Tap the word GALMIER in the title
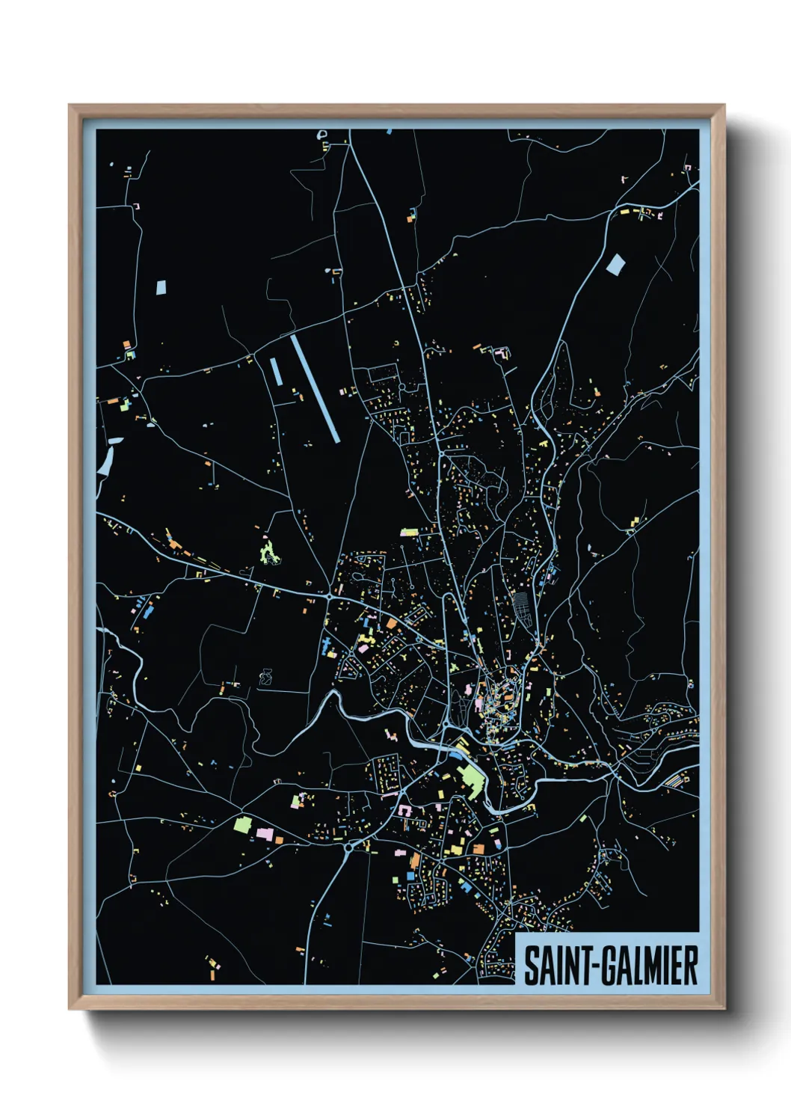tap(650, 966)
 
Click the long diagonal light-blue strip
tap(315, 387)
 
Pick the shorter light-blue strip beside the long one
tap(276, 372)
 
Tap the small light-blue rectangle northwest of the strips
tap(161, 287)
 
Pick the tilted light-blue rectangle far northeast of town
tap(615, 264)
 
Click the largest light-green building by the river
tap(473, 782)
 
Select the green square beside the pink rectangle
tap(241, 825)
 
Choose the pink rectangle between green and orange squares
tap(265, 832)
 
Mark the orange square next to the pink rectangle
tap(279, 840)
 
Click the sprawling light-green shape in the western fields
tap(269, 553)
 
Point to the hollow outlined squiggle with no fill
tap(265, 678)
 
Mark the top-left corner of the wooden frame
tap(70, 105)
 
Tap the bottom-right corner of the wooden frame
tap(724, 1009)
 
